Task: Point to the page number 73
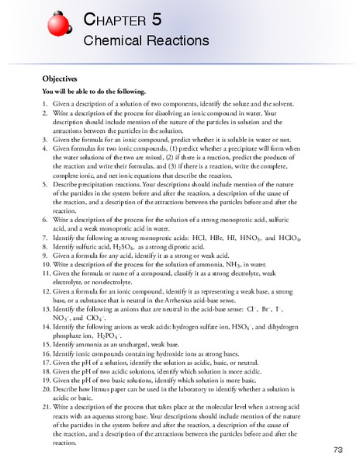(x=338, y=450)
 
